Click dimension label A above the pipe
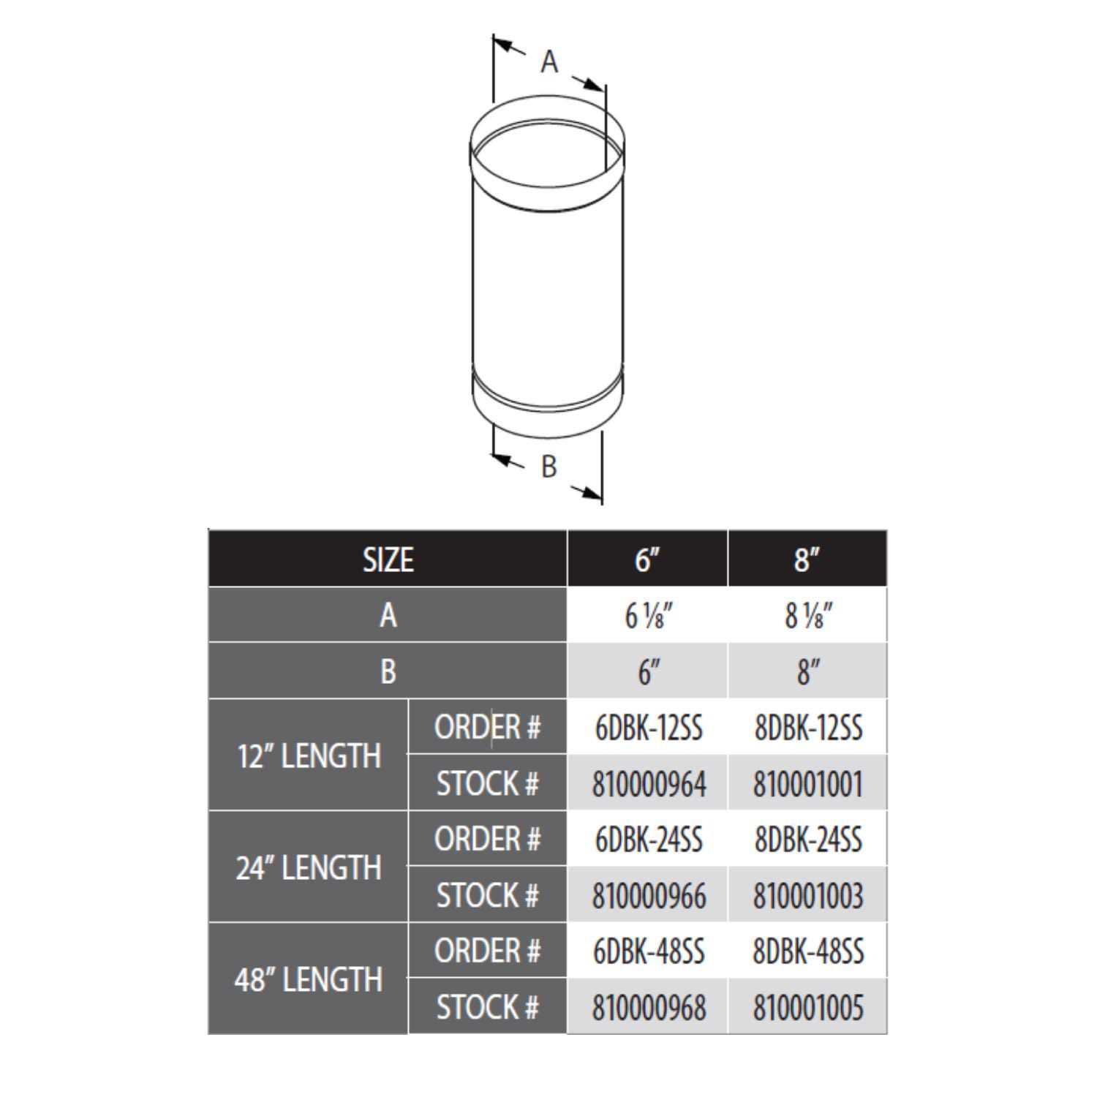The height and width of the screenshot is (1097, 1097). click(x=549, y=62)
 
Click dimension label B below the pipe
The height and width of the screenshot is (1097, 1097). click(x=548, y=466)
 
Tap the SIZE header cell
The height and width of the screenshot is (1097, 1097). click(x=388, y=559)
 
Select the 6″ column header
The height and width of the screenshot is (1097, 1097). click(x=647, y=559)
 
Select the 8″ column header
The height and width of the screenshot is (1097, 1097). click(x=807, y=559)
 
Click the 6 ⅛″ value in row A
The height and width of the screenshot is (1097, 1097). click(x=647, y=616)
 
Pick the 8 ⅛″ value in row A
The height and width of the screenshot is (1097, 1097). click(x=807, y=616)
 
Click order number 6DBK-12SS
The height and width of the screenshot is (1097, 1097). click(x=649, y=728)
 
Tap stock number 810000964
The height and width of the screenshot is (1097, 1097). click(x=649, y=784)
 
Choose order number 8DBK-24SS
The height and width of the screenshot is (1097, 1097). click(x=808, y=840)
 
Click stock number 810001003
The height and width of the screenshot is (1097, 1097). click(x=808, y=896)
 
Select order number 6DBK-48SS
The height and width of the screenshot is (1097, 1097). click(x=649, y=951)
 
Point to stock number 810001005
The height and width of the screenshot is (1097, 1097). click(x=808, y=1008)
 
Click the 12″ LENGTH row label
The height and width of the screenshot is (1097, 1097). click(x=309, y=756)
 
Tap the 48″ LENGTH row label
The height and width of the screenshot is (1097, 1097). click(x=309, y=980)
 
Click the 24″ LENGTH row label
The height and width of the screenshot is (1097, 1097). click(x=309, y=868)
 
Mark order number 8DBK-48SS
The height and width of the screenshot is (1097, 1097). click(x=808, y=951)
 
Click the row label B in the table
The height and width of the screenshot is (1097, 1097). click(x=388, y=671)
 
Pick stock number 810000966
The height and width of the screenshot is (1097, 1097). click(x=649, y=896)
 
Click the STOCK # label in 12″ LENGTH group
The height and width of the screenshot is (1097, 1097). click(x=487, y=784)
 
